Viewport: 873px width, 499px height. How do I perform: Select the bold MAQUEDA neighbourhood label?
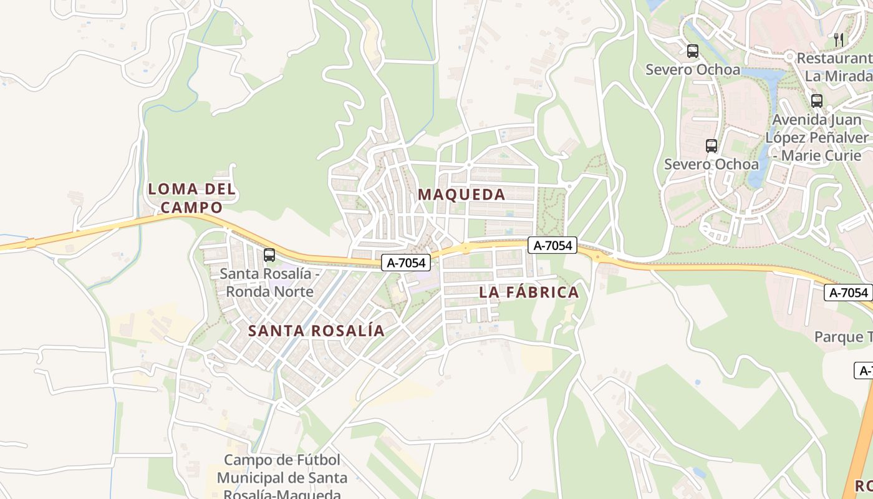(461, 195)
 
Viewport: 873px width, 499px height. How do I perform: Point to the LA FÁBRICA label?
(529, 293)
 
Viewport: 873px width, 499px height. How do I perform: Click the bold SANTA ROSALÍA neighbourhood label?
(316, 331)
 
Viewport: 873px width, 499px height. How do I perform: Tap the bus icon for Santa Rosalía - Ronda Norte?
(269, 255)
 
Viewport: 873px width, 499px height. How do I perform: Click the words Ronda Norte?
(269, 291)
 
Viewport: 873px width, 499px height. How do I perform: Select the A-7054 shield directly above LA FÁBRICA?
(552, 246)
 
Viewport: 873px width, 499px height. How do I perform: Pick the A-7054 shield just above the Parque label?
(848, 293)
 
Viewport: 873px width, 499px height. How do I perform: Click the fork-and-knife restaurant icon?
(839, 40)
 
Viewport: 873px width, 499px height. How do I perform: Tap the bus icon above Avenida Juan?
(817, 100)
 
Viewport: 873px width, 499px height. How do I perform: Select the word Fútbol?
(312, 460)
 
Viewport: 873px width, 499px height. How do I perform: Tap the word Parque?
(837, 337)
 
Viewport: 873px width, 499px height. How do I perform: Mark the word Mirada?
(848, 76)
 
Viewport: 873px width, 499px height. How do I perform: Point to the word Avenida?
(799, 120)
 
